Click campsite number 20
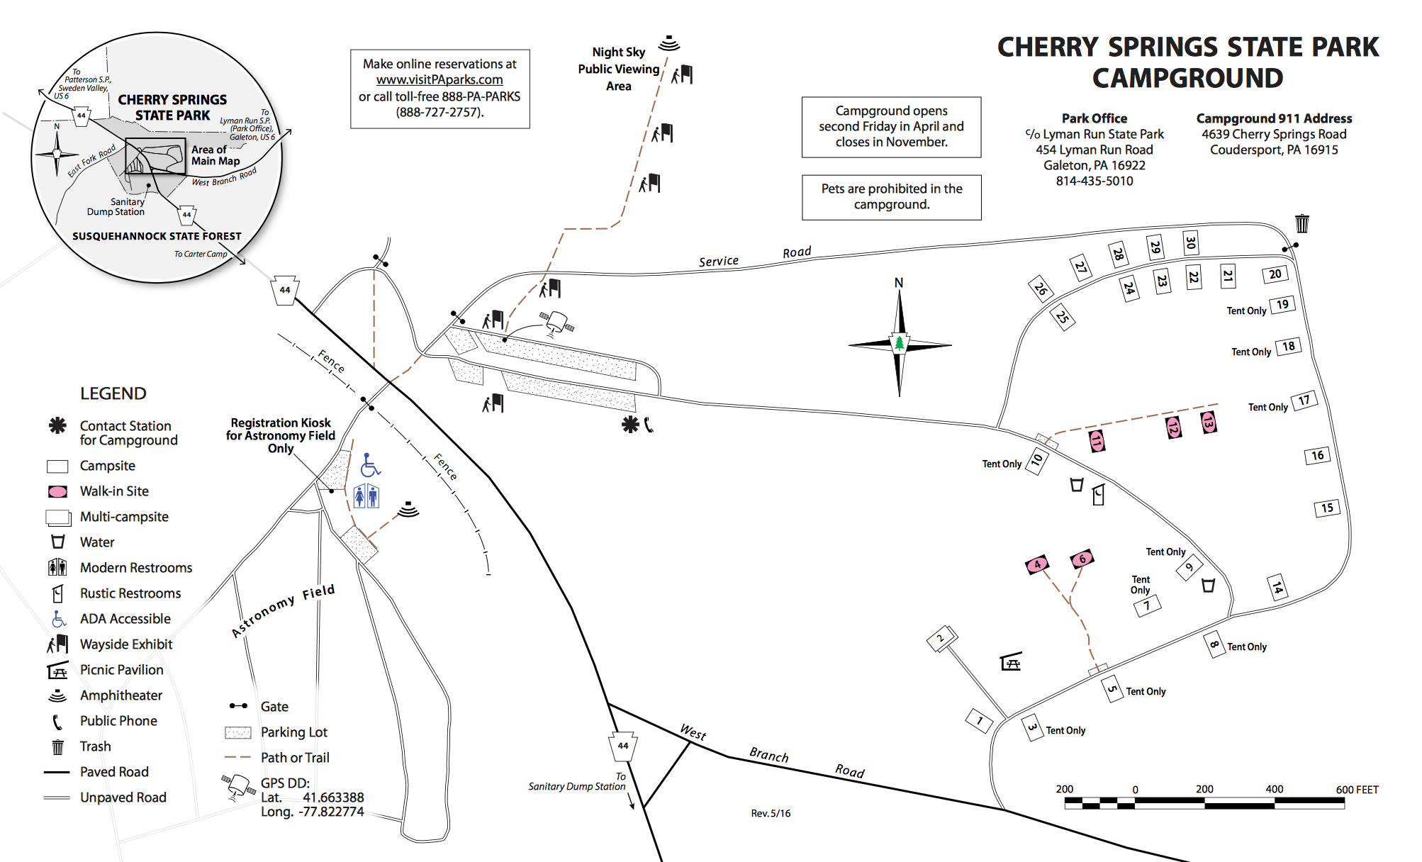pyautogui.click(x=1275, y=274)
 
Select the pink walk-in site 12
pyautogui.click(x=1173, y=427)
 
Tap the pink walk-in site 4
pyautogui.click(x=1037, y=565)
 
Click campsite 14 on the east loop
pyautogui.click(x=1277, y=588)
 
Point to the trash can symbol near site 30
pyautogui.click(x=1302, y=223)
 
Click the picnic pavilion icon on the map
pyautogui.click(x=1011, y=662)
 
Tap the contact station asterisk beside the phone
pyautogui.click(x=630, y=425)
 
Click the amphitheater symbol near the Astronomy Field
pyautogui.click(x=408, y=509)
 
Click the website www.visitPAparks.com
pyautogui.click(x=440, y=80)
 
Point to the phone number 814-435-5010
pyautogui.click(x=1094, y=181)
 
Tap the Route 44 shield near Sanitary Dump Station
pyautogui.click(x=623, y=746)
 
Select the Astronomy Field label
pyautogui.click(x=283, y=610)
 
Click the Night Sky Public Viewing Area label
pyautogui.click(x=618, y=69)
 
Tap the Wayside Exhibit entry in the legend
pyautogui.click(x=125, y=644)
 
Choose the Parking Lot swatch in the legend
pyautogui.click(x=238, y=732)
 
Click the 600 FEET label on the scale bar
pyautogui.click(x=1356, y=790)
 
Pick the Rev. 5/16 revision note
pyautogui.click(x=771, y=813)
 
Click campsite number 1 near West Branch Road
pyautogui.click(x=979, y=721)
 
